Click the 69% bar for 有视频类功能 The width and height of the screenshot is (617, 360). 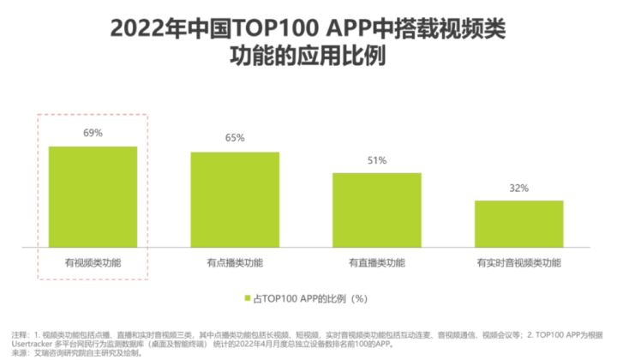tap(93, 196)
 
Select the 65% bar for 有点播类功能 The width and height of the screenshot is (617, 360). tap(235, 199)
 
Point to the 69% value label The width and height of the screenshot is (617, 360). tap(93, 133)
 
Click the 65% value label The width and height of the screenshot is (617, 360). tap(235, 138)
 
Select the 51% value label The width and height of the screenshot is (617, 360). tap(377, 160)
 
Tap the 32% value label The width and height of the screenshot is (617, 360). tap(518, 188)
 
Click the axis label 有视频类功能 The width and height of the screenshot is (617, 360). tap(93, 261)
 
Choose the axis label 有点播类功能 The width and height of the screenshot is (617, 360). tap(235, 261)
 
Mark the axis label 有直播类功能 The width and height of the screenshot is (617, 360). tap(377, 261)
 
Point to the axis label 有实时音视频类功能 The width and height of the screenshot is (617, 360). tap(518, 261)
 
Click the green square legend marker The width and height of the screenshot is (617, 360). tap(245, 299)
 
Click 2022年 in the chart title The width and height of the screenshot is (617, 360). tap(140, 29)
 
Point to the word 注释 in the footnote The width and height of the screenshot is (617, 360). tap(19, 333)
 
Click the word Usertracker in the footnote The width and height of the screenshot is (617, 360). tap(31, 343)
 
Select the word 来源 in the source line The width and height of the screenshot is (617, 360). tap(19, 351)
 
